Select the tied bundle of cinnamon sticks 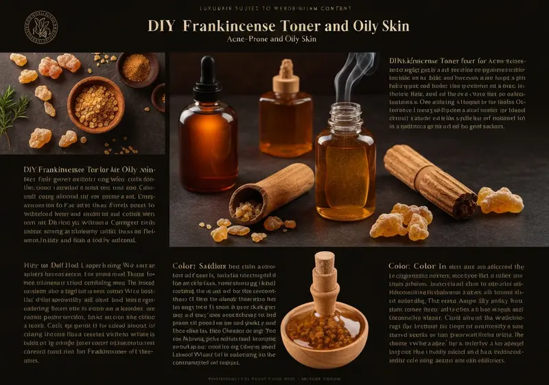point(430,180)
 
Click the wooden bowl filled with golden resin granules point(95,103)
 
